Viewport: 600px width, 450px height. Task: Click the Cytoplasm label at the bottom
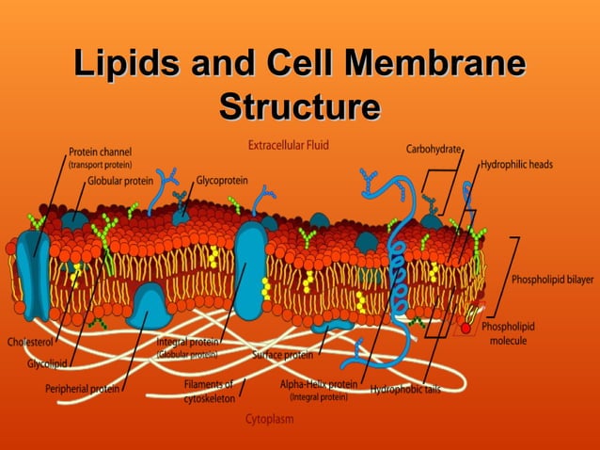[x=269, y=418]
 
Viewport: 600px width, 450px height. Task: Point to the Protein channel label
[x=100, y=151]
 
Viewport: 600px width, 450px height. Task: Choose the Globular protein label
[x=120, y=180]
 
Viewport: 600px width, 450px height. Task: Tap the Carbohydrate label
[x=434, y=149]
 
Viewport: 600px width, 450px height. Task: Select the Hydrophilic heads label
[x=517, y=164]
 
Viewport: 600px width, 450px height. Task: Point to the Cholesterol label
[x=30, y=341]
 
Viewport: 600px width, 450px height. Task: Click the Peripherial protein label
[x=82, y=389]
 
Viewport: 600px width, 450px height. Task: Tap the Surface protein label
[x=282, y=356]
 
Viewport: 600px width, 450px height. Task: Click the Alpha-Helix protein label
[x=319, y=384]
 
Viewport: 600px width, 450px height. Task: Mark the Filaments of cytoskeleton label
[x=209, y=391]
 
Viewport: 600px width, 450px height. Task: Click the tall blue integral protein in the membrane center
[x=251, y=268]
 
